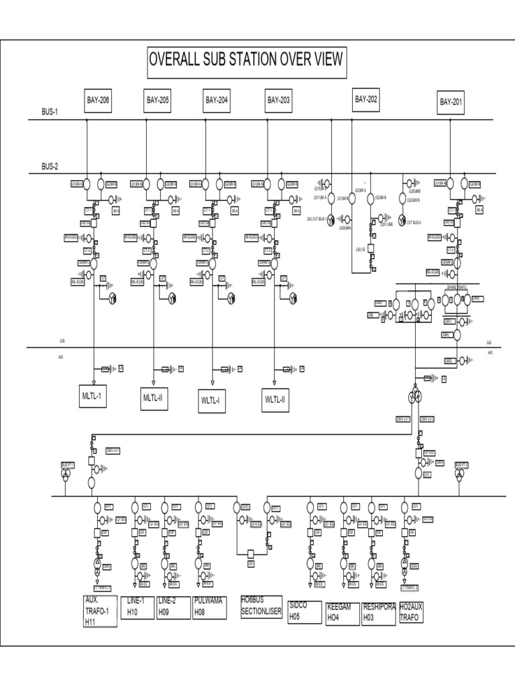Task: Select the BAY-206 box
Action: (98, 100)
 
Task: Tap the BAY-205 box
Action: (158, 100)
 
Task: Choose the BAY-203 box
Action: (278, 100)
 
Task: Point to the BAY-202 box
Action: (367, 100)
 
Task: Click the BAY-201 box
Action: (451, 102)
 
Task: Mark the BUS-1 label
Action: (50, 113)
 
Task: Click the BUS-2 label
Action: (50, 166)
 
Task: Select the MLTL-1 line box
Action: (93, 397)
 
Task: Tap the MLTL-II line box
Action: (154, 398)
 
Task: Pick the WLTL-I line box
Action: (213, 400)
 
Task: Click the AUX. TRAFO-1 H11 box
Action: (100, 610)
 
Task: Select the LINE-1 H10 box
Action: (137, 606)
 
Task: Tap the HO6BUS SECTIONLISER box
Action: (262, 606)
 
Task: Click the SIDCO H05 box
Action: (303, 612)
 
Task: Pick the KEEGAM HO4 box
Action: (342, 612)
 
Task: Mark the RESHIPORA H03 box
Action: (379, 612)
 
